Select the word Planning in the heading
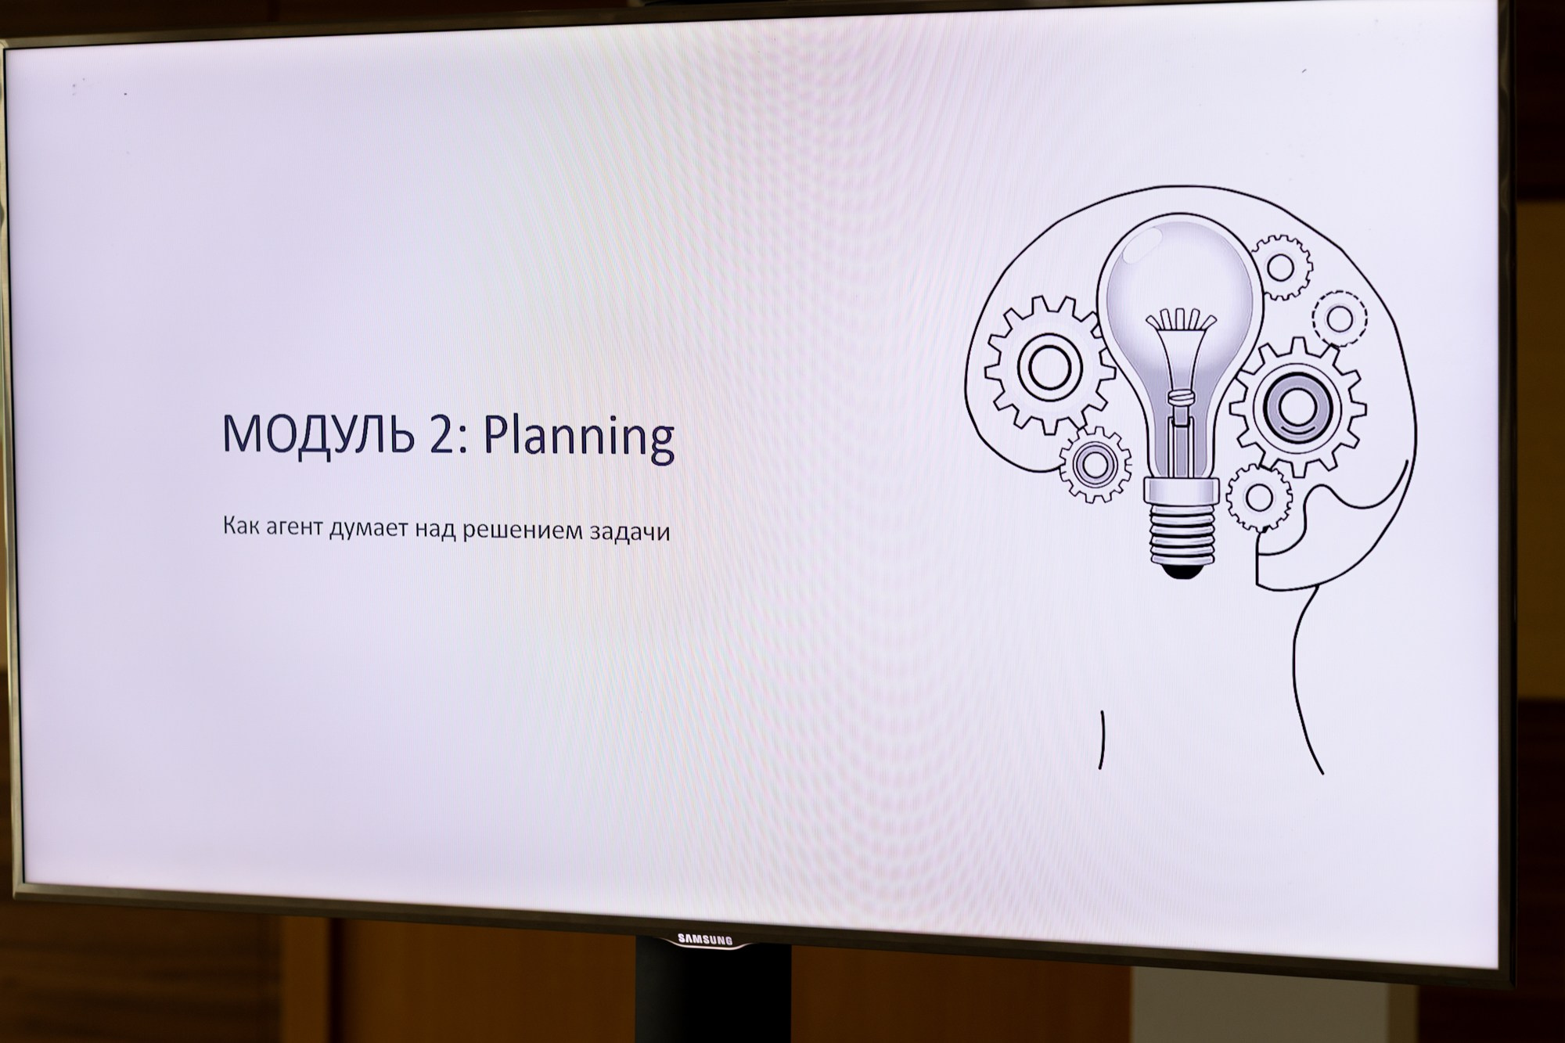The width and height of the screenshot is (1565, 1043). (579, 438)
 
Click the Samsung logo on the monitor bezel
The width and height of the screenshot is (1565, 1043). (705, 939)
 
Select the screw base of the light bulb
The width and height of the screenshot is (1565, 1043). (1182, 532)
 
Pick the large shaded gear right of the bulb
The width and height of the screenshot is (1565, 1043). (1297, 407)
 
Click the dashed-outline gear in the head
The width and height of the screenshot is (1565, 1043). (1339, 318)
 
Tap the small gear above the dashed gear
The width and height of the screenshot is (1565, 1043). (1281, 267)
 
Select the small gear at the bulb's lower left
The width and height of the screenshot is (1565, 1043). (1095, 465)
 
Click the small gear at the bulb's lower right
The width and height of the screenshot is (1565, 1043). (1259, 498)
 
